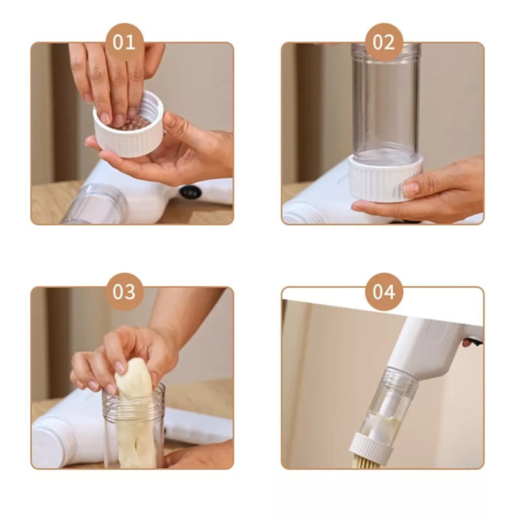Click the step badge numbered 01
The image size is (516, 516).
[124, 42]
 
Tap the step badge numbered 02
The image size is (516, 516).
[384, 42]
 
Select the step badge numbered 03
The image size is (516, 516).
[124, 292]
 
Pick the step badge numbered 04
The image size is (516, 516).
[384, 292]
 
